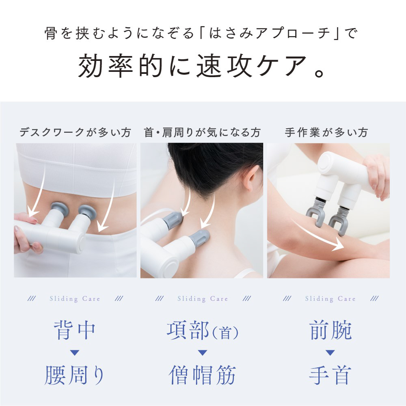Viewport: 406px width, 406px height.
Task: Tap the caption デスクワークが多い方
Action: tap(75, 132)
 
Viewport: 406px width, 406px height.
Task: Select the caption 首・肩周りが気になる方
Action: tap(202, 132)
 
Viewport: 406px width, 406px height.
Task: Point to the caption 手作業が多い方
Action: tap(326, 132)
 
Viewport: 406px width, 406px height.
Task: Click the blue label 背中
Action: tap(75, 330)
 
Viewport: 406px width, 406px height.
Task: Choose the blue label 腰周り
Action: tap(75, 375)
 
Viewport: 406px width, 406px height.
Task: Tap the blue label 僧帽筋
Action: tap(202, 375)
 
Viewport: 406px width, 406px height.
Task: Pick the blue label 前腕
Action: tap(330, 330)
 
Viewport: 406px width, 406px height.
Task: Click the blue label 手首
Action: tap(330, 375)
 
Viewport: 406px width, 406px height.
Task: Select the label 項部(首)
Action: tap(203, 330)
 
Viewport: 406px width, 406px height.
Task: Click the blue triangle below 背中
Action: tap(75, 353)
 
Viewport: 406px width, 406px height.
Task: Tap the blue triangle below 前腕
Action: tap(330, 353)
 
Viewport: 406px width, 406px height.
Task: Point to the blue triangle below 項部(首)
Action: tap(202, 353)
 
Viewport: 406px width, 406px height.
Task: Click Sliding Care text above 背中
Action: tap(75, 299)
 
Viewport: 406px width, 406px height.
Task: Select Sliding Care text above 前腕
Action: tap(330, 299)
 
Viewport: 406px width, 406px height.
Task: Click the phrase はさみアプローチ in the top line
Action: tap(270, 34)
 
